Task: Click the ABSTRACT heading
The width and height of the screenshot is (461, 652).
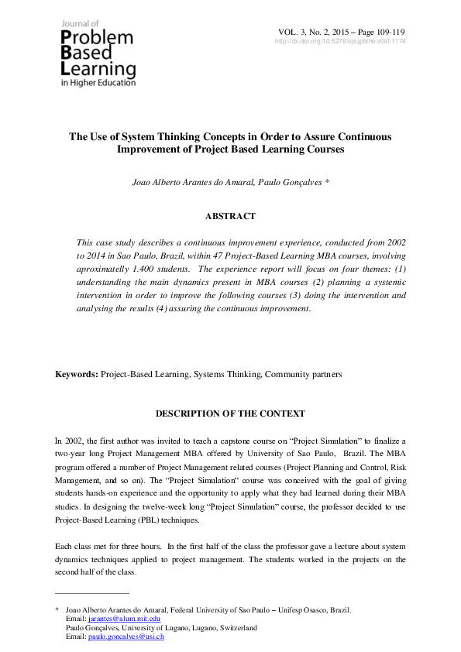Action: (230, 216)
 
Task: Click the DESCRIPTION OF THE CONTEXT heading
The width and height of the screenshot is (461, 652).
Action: (230, 414)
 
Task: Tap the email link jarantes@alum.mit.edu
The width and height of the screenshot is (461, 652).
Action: (125, 619)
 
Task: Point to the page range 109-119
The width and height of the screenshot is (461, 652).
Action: (388, 31)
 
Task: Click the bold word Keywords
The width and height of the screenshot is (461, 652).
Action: (76, 374)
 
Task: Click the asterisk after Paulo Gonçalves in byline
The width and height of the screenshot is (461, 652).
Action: (328, 182)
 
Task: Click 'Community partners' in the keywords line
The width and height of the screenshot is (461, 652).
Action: (303, 374)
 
